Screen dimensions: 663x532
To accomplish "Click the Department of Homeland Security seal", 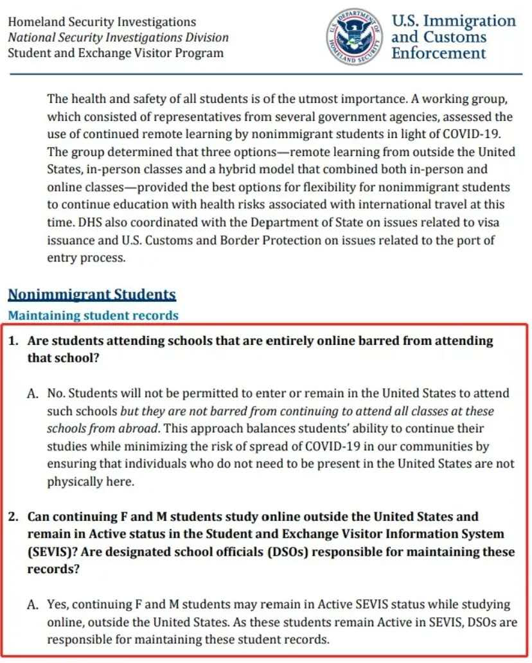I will (x=353, y=37).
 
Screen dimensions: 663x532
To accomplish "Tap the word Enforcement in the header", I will (x=439, y=53).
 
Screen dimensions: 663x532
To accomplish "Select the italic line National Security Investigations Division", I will (x=118, y=37).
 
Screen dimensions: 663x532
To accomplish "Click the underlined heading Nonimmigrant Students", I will (x=91, y=295).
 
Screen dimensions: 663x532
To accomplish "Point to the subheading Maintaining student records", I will (x=93, y=315).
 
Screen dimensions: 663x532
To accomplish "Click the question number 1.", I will (x=12, y=340).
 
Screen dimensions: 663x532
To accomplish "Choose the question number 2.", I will (x=12, y=517).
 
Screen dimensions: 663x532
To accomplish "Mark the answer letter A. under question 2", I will (x=33, y=605).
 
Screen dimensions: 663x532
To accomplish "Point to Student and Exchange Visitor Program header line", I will (x=116, y=53).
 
